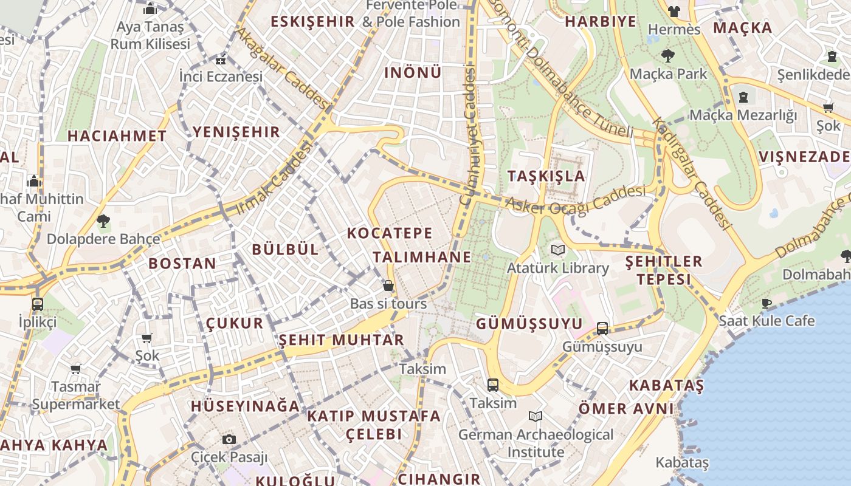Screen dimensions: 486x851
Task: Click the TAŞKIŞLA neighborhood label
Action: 546,176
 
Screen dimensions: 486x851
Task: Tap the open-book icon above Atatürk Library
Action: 557,250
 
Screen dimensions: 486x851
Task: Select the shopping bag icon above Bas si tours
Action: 388,286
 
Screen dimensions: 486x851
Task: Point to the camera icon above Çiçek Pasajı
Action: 229,439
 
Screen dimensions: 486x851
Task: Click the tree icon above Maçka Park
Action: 667,56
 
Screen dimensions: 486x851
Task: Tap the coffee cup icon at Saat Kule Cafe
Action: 767,303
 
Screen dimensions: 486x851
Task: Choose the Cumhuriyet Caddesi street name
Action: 467,136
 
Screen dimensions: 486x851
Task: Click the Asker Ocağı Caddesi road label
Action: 575,200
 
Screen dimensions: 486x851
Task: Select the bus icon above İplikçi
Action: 37,304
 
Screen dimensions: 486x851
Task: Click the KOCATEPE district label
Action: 390,233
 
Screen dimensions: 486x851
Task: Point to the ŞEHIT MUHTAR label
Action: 341,340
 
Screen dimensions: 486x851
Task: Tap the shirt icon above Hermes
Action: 674,11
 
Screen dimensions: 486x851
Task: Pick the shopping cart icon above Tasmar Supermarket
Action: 76,369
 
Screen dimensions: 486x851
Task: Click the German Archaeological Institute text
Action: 536,443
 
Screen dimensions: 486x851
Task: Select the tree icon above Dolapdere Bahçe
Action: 103,221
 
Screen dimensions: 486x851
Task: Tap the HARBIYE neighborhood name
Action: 601,22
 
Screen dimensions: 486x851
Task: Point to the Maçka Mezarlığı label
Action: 743,115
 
